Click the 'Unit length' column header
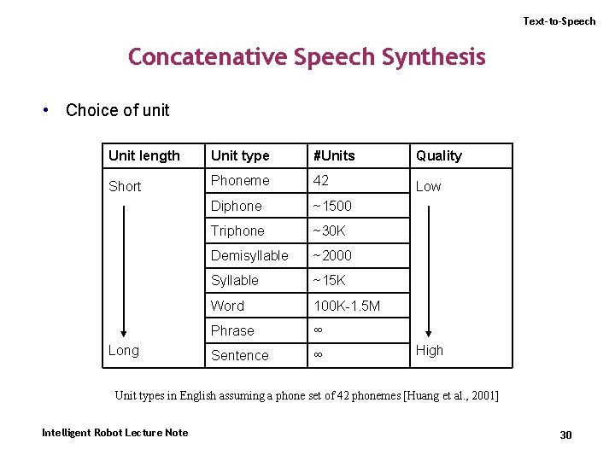pyautogui.click(x=144, y=155)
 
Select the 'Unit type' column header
pyautogui.click(x=240, y=155)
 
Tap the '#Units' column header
pyautogui.click(x=334, y=155)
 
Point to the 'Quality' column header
pyautogui.click(x=438, y=155)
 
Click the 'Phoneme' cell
pyautogui.click(x=240, y=180)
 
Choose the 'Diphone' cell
pyautogui.click(x=237, y=206)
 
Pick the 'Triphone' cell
pyautogui.click(x=237, y=230)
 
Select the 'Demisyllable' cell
pyautogui.click(x=249, y=255)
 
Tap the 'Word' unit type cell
pyautogui.click(x=227, y=306)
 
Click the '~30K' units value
pyautogui.click(x=329, y=230)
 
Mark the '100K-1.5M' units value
pyautogui.click(x=347, y=306)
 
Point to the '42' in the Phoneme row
pyautogui.click(x=321, y=180)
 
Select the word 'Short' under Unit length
pyautogui.click(x=125, y=186)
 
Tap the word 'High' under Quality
pyautogui.click(x=430, y=350)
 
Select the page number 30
pyautogui.click(x=565, y=435)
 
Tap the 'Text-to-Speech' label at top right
pyautogui.click(x=559, y=21)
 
